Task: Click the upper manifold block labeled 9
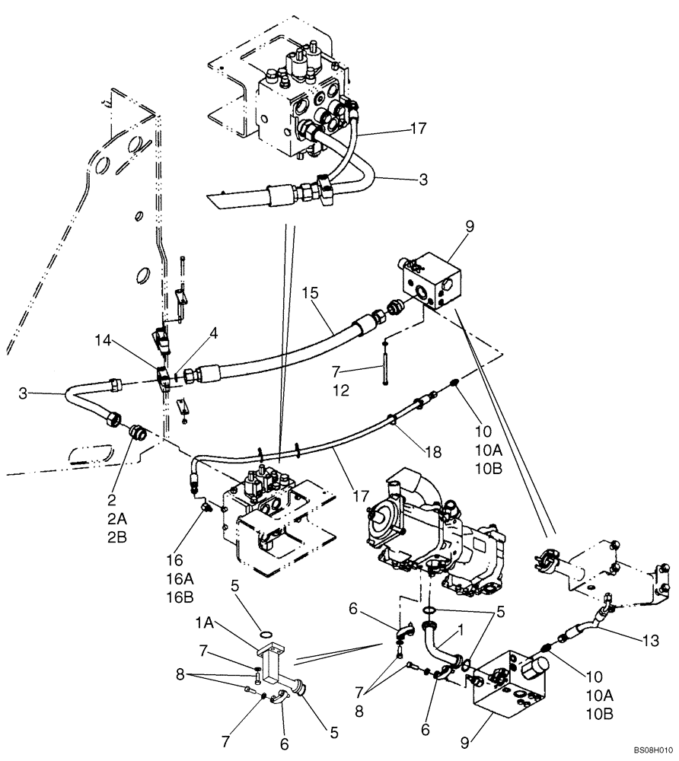point(430,283)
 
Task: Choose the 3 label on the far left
point(24,394)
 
